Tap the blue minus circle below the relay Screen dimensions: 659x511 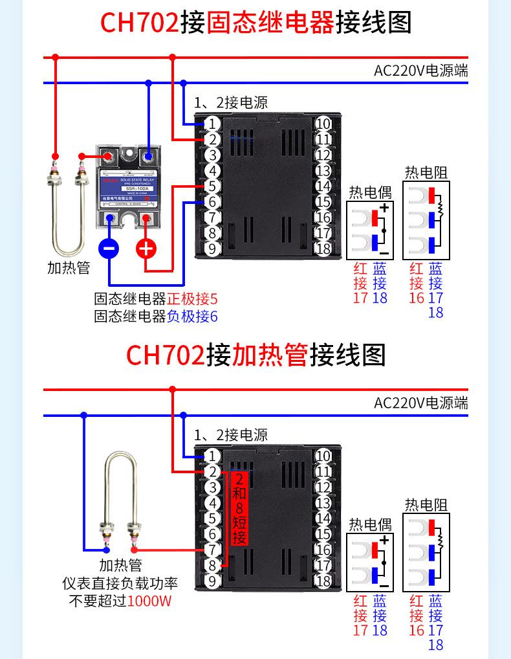click(109, 248)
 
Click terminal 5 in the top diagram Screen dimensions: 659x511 click(213, 186)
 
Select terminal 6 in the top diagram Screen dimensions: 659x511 click(213, 202)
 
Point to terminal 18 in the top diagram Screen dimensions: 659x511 click(323, 249)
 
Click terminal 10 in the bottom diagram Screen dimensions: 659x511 click(323, 456)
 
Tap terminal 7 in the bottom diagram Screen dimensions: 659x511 click(213, 550)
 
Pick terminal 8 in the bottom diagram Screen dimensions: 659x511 click(213, 565)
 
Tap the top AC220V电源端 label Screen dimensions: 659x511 click(420, 71)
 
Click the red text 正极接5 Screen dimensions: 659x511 click(192, 300)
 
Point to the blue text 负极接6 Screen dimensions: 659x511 click(192, 317)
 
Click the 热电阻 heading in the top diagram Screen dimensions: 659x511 click(426, 172)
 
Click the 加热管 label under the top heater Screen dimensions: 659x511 click(69, 267)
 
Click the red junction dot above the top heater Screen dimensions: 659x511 click(56, 58)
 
